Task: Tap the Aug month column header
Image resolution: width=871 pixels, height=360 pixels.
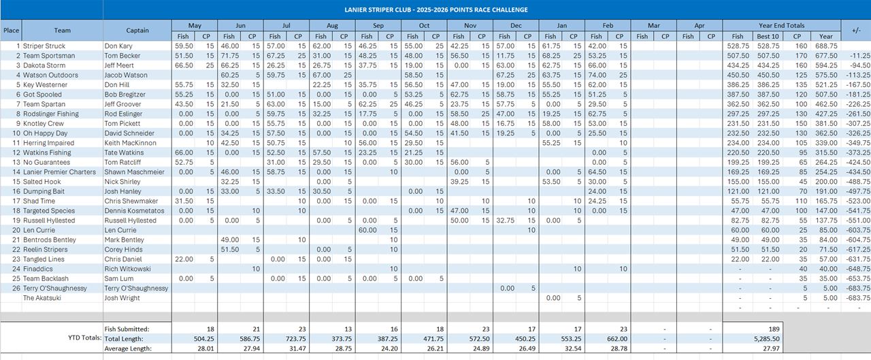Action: (332, 26)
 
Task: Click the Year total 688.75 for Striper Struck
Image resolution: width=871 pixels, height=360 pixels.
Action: (825, 46)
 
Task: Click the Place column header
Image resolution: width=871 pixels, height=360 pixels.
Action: (11, 31)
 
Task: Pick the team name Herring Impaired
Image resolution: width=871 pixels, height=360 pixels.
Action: (50, 143)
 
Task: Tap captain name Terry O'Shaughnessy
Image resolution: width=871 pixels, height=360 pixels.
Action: (136, 289)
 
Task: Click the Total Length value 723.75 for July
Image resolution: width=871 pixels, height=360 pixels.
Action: (293, 338)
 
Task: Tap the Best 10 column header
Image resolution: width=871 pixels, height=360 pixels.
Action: (767, 36)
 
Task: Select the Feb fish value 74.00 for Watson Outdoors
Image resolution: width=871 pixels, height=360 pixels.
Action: (596, 75)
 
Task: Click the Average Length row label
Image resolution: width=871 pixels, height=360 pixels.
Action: (127, 348)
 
